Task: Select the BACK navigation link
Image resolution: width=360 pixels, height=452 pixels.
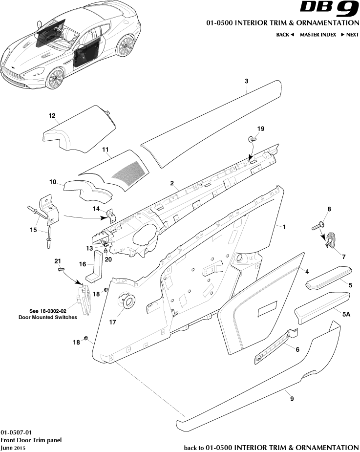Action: (285, 35)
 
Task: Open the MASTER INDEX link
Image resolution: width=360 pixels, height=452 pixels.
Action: (318, 35)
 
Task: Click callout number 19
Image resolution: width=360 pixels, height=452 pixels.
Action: (260, 129)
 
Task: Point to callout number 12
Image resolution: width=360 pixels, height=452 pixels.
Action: (52, 116)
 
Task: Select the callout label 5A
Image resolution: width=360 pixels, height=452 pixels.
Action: (346, 315)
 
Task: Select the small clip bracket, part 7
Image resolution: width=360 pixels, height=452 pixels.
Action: (332, 241)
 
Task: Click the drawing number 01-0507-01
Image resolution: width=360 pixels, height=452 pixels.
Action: (16, 432)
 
